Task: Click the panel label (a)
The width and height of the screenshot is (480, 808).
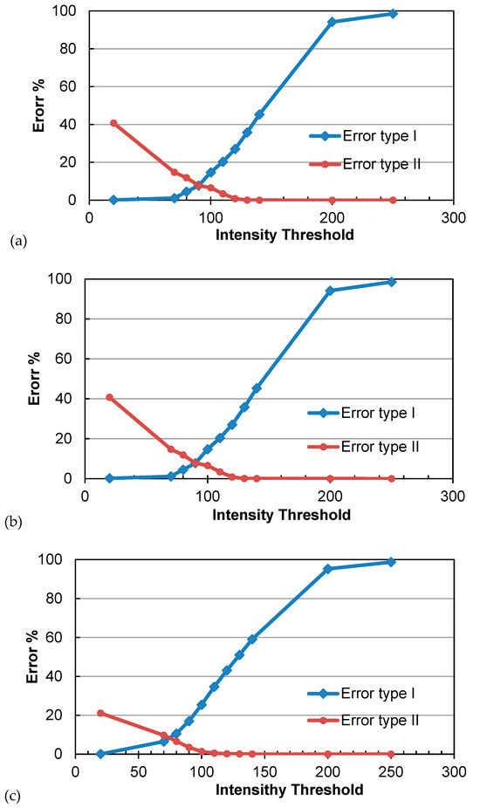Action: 15,238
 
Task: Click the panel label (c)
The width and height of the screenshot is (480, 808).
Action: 15,796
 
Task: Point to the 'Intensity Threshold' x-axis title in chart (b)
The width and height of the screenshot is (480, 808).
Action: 281,515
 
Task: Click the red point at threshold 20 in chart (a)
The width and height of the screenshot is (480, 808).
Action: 113,123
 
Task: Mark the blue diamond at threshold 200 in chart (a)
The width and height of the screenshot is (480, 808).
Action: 332,22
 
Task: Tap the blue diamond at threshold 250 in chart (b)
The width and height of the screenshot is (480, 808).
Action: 392,281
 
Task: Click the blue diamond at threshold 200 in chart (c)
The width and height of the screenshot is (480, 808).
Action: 328,569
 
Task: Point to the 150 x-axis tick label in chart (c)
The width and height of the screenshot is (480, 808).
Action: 264,771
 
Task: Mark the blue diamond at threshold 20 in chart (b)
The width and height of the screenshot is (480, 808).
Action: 109,478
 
